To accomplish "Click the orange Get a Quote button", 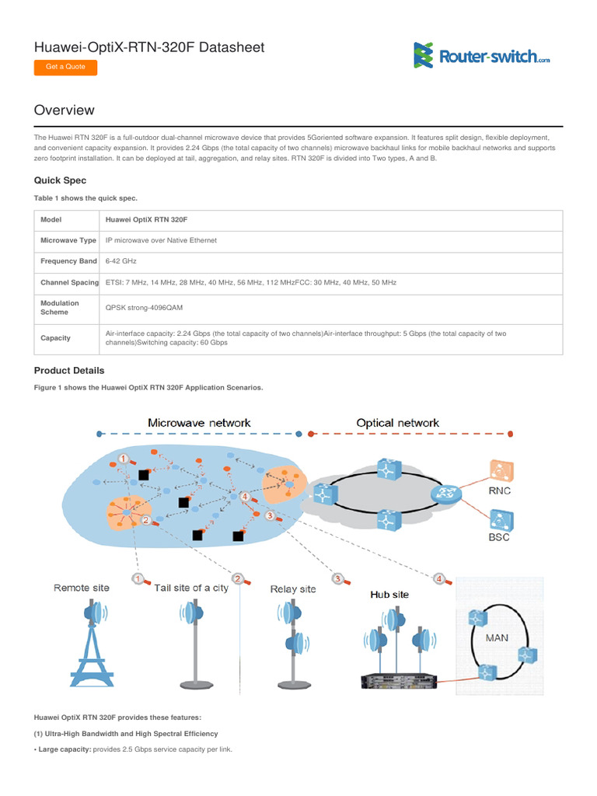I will click(65, 67).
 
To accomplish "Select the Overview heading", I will click(65, 110).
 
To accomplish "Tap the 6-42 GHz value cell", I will click(123, 262).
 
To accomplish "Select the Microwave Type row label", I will click(68, 241).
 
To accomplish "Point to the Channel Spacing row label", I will click(68, 283).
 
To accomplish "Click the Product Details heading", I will click(68, 371).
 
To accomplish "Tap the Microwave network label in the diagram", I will click(199, 423).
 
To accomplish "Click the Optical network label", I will click(397, 423).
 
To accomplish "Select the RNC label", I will click(499, 491).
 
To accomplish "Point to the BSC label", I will click(499, 537).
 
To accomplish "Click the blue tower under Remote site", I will click(93, 641).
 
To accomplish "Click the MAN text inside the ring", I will click(497, 637).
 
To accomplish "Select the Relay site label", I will click(292, 589).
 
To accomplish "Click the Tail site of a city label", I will click(191, 588).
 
